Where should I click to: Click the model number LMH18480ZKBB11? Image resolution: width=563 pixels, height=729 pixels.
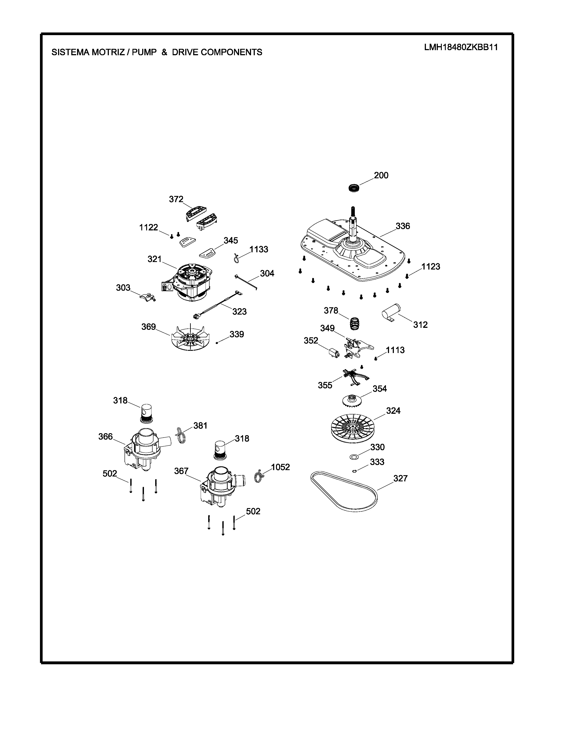click(x=461, y=47)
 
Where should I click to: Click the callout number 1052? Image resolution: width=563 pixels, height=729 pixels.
click(x=280, y=467)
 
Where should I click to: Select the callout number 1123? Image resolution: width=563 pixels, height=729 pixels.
click(x=431, y=267)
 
